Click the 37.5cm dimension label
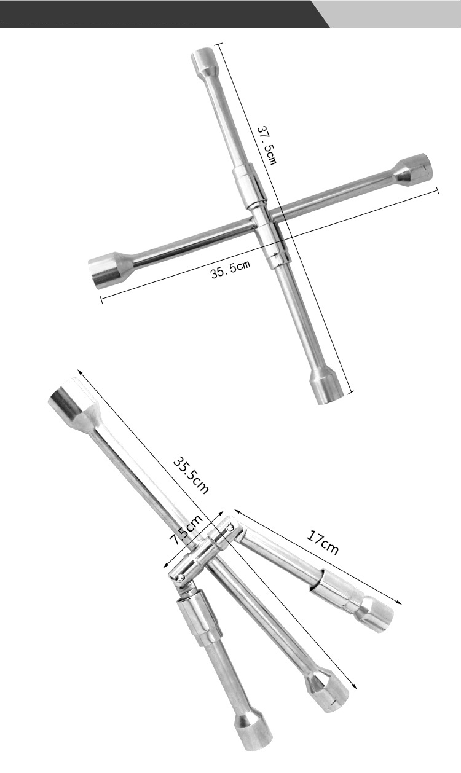click(266, 146)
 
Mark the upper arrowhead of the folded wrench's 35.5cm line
click(79, 371)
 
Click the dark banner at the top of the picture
click(160, 13)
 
